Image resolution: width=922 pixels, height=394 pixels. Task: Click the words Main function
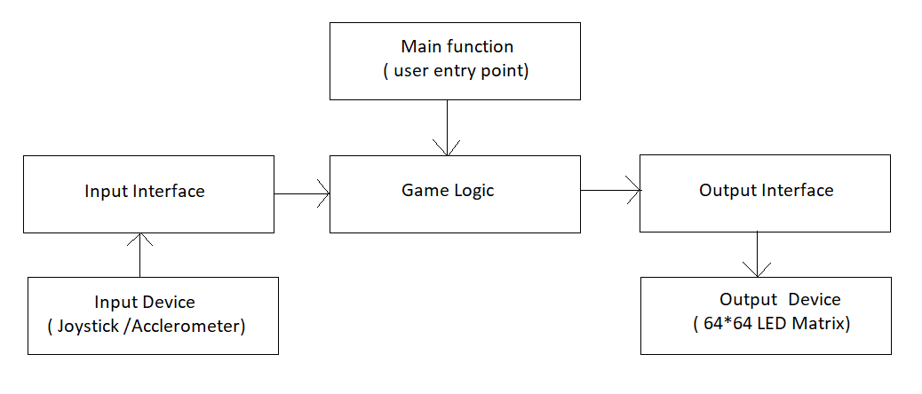(x=457, y=46)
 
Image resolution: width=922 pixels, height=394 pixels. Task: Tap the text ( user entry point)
(x=457, y=72)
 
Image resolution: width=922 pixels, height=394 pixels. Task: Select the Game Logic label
(x=448, y=191)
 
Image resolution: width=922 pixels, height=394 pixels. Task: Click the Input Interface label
(x=145, y=192)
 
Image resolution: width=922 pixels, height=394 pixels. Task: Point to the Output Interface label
(x=767, y=190)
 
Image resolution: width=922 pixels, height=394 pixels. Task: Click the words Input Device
(x=145, y=303)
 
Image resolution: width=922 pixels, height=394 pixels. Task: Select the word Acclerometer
(x=186, y=327)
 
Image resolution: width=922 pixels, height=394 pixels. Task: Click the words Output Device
(x=780, y=299)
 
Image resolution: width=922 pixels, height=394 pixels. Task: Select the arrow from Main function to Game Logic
(x=447, y=128)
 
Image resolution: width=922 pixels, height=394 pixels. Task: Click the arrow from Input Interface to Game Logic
(x=302, y=193)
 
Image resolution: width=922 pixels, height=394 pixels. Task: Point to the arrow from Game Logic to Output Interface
(x=610, y=190)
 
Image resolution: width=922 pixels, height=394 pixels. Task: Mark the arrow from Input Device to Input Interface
(x=140, y=255)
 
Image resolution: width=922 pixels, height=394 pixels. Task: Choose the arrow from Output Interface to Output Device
(x=757, y=254)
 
